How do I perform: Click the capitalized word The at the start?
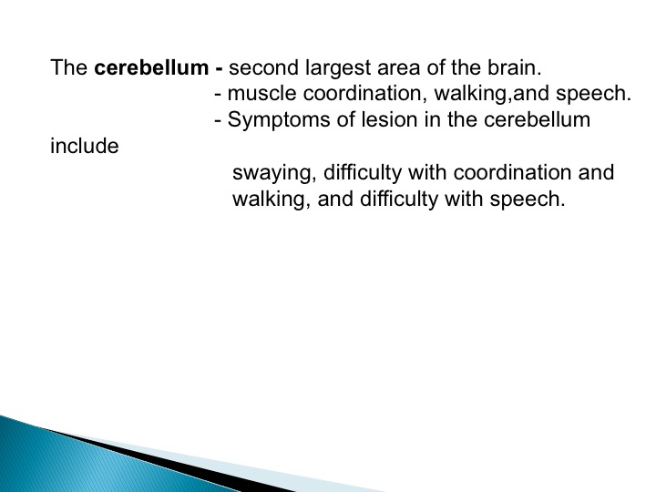69,67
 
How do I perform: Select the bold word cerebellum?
151,67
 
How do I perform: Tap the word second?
263,67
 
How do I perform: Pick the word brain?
514,67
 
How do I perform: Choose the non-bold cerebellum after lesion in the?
538,119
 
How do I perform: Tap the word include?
85,146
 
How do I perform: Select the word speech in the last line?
528,200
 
